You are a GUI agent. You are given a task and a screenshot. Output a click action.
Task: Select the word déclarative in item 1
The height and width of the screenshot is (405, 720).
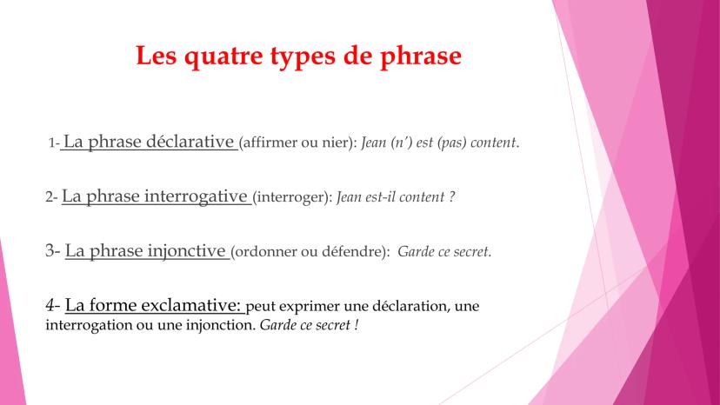[190, 141]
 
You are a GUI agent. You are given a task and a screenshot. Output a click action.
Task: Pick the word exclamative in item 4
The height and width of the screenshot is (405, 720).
[190, 305]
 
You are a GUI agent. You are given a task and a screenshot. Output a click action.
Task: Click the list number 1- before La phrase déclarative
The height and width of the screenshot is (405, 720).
[54, 143]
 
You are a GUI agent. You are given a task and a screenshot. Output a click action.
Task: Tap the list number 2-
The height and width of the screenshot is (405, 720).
[51, 197]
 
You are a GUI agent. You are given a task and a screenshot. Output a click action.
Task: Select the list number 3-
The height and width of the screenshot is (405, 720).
[52, 250]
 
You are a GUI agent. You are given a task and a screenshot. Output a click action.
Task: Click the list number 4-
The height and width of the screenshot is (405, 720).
[52, 305]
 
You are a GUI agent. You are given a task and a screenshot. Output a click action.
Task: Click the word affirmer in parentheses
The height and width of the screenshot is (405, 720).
[269, 143]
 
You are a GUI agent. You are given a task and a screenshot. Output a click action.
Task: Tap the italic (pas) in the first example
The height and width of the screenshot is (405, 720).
[452, 143]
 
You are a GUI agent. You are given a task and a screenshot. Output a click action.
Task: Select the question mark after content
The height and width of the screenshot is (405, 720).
[452, 197]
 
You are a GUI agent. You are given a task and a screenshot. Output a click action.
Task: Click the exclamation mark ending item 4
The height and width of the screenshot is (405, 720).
[357, 325]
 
